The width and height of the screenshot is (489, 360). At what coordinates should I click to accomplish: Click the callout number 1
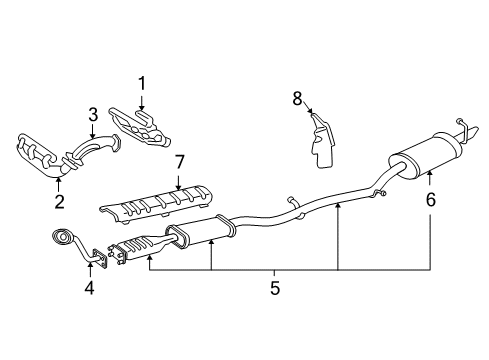(x=142, y=83)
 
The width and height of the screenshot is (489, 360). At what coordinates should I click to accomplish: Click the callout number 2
(x=59, y=202)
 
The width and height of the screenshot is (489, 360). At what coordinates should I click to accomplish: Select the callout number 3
(x=91, y=114)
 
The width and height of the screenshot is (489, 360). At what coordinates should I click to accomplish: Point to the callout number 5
(x=275, y=288)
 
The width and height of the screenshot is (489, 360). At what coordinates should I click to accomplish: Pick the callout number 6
(x=431, y=199)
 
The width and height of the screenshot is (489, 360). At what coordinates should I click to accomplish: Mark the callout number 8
(x=297, y=99)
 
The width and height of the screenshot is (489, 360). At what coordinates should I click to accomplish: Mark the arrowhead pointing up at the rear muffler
(x=430, y=177)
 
